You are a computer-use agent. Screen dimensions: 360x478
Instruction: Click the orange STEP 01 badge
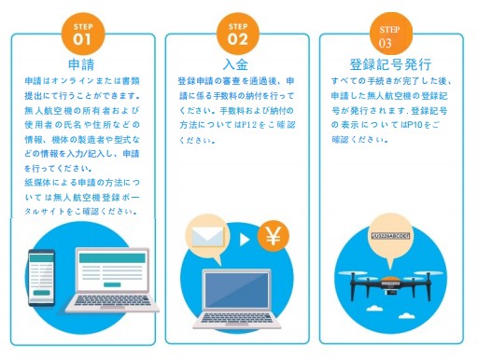pyautogui.click(x=82, y=34)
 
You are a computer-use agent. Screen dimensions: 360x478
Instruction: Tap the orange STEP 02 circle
pyautogui.click(x=236, y=35)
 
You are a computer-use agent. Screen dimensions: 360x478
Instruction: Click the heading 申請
pyautogui.click(x=82, y=66)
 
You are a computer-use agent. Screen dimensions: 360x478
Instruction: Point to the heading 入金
pyautogui.click(x=235, y=66)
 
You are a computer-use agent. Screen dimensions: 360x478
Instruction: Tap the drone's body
pyautogui.click(x=391, y=277)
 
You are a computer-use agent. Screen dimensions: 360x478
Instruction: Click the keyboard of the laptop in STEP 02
pyautogui.click(x=235, y=320)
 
